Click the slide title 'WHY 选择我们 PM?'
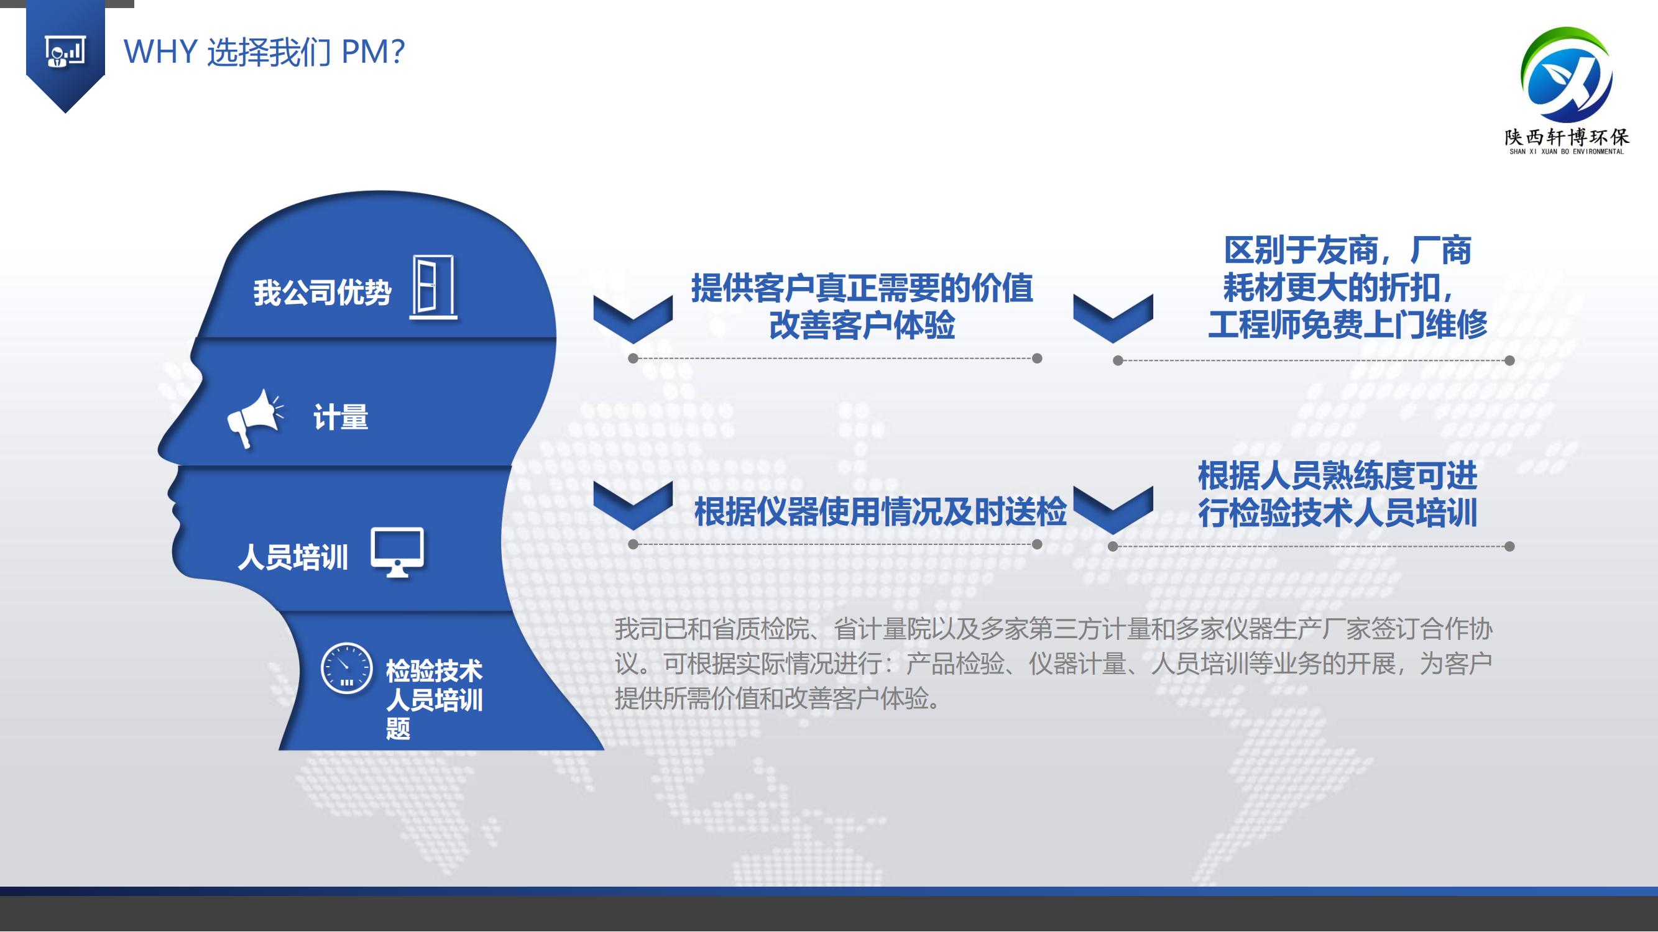click(264, 52)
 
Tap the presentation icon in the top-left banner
click(65, 52)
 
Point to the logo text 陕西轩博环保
click(1566, 137)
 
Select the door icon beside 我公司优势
click(434, 287)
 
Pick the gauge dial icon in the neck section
click(346, 668)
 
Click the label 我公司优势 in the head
click(322, 293)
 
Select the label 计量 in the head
click(341, 417)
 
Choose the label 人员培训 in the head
click(293, 557)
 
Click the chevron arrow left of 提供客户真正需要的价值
click(633, 319)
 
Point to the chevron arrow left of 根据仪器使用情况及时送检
click(633, 506)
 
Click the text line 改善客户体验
click(862, 325)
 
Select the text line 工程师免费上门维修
click(1348, 324)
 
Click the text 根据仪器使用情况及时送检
click(880, 512)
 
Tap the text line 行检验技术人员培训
click(1337, 513)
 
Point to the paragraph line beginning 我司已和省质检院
click(1053, 629)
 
